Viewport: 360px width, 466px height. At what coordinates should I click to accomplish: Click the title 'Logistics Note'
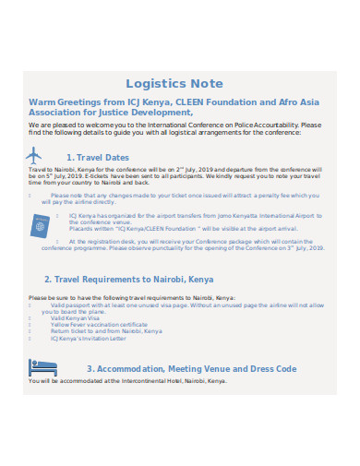click(x=179, y=82)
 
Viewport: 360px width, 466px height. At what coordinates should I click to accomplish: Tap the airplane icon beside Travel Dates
click(x=35, y=156)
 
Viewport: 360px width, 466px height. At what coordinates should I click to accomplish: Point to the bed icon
click(x=42, y=368)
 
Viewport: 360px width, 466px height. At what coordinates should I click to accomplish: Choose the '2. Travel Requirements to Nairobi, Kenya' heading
click(x=128, y=279)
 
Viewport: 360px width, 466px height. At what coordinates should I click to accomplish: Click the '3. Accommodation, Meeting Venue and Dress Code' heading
click(x=191, y=369)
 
